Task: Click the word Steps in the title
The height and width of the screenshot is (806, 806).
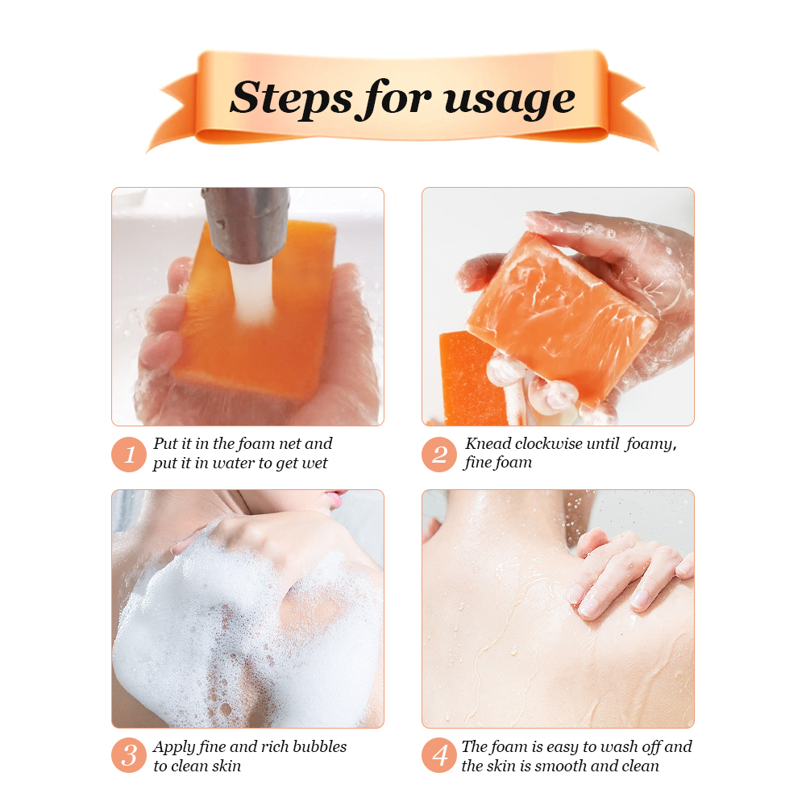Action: tap(292, 98)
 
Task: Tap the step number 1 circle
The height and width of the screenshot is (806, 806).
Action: tap(128, 455)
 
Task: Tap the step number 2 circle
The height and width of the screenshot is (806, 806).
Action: tap(439, 455)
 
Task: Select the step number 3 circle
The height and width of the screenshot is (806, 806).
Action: tap(128, 756)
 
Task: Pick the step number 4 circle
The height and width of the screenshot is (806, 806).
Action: tap(439, 756)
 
